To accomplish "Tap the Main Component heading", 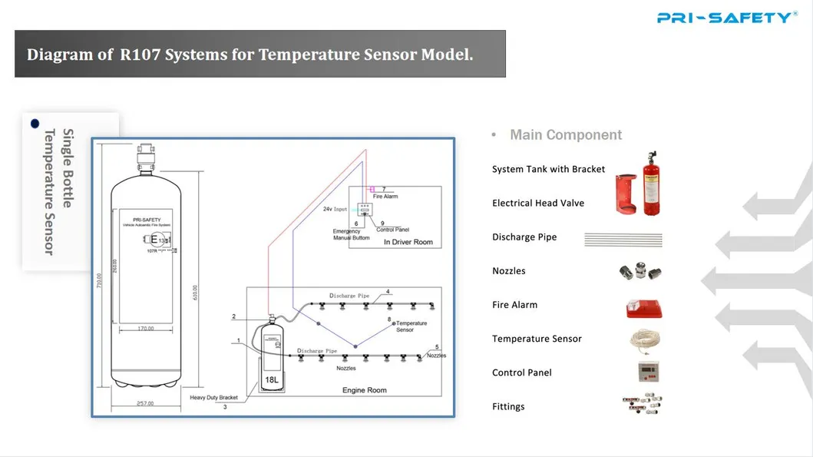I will [566, 135].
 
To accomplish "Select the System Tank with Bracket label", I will [548, 169].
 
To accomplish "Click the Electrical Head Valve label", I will [538, 203].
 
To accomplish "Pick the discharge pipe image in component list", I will [623, 240].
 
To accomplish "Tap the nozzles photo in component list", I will [639, 272].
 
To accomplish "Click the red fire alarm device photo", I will [643, 307].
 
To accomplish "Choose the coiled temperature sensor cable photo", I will [643, 339].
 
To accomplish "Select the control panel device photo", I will [643, 373].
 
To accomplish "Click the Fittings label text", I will [508, 406].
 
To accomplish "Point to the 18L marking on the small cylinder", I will [272, 379].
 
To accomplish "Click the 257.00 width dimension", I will [144, 403].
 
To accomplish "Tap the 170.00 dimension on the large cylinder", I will [144, 329].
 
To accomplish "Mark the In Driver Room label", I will [408, 242].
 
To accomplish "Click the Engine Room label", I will [364, 390].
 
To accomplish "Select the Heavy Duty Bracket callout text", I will [213, 398].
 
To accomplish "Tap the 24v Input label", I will [335, 209].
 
